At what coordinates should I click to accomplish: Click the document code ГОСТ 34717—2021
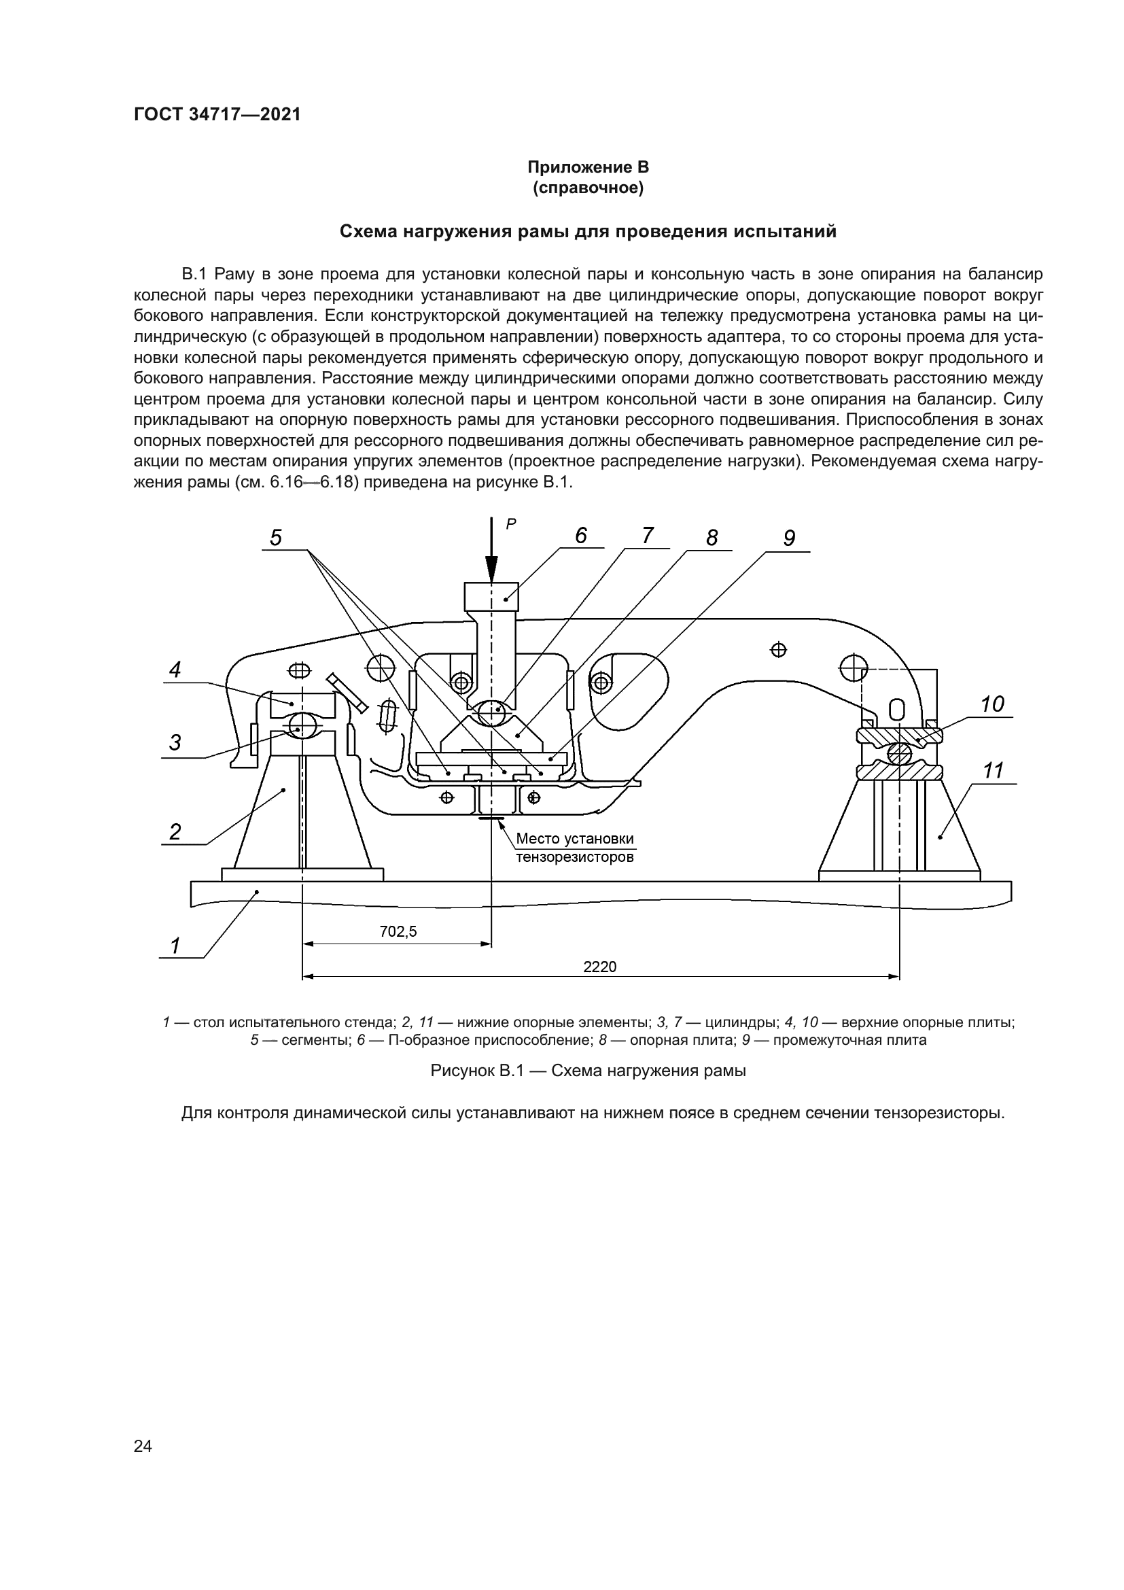217,114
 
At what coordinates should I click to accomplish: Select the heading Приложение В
588,167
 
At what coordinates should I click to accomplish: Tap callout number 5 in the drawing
275,538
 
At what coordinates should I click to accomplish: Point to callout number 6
580,535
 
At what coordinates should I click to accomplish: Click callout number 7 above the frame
647,535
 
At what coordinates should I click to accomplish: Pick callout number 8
712,538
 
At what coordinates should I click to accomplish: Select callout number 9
789,538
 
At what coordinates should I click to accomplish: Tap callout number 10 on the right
991,704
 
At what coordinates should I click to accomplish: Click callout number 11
994,770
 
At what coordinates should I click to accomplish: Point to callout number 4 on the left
175,670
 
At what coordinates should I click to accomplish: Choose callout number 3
175,742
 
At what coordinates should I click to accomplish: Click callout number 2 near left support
175,831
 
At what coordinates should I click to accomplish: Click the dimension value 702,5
398,931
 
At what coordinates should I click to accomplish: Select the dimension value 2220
599,967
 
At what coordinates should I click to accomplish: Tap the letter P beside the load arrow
511,524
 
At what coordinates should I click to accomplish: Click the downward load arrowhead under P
491,570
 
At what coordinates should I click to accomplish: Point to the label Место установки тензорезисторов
574,848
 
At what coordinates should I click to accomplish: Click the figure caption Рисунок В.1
588,1071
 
